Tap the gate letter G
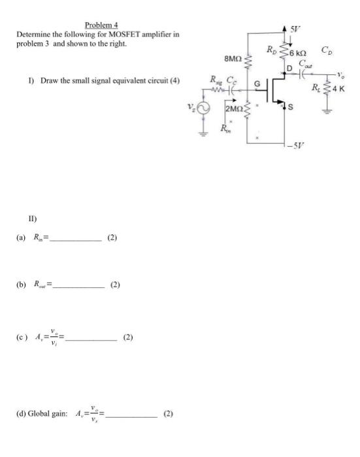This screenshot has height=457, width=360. coord(257,83)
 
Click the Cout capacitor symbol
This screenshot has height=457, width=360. coord(303,74)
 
